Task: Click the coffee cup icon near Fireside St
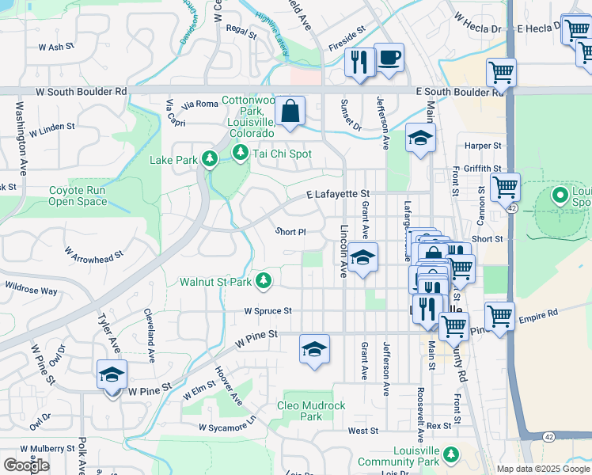[389, 58]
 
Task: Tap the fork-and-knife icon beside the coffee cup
[359, 61]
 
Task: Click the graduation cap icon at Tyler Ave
[112, 373]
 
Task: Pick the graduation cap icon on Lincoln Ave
[362, 257]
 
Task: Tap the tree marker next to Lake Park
[210, 160]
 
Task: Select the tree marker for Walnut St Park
[264, 281]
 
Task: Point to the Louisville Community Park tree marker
[450, 454]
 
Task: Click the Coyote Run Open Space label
[78, 196]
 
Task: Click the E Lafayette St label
[338, 193]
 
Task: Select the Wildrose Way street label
[31, 287]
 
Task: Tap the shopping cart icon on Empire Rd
[499, 316]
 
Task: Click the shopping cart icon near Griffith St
[505, 188]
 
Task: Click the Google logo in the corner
[26, 465]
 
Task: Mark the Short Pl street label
[290, 232]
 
